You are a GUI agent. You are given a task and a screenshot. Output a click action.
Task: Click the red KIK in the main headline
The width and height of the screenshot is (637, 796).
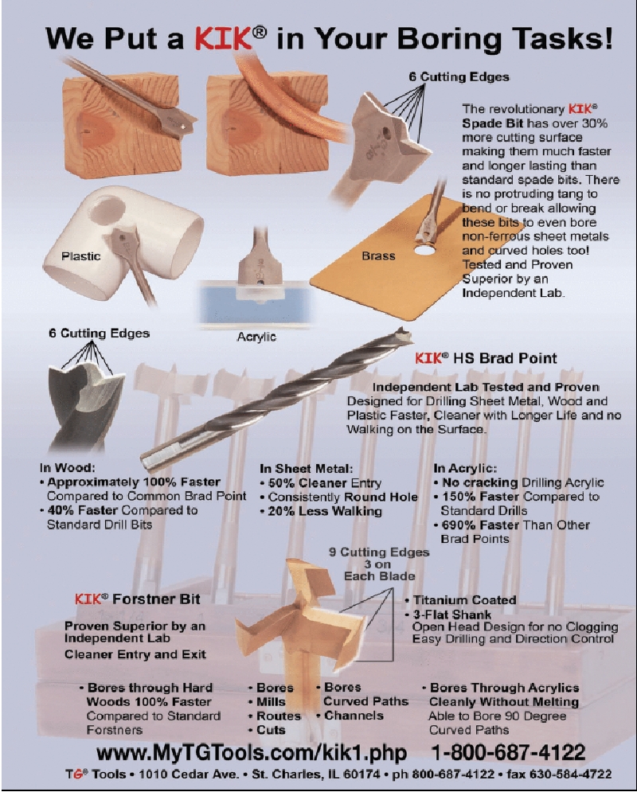click(x=223, y=38)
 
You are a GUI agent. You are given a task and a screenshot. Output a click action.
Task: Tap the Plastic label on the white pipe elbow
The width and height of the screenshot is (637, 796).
click(x=80, y=256)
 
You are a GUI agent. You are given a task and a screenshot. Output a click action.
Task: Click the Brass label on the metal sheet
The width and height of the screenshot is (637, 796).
click(x=378, y=256)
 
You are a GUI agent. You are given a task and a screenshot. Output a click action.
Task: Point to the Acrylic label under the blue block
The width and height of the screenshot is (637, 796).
click(x=256, y=337)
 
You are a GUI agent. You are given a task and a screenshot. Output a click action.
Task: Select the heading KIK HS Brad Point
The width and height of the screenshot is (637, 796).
click(x=486, y=358)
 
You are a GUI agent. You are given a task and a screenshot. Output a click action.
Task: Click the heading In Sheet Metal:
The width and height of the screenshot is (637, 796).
click(x=307, y=469)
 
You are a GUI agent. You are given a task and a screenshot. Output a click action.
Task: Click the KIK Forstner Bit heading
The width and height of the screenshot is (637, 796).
click(x=137, y=599)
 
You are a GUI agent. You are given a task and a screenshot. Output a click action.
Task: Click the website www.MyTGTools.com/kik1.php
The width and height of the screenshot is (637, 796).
click(x=252, y=753)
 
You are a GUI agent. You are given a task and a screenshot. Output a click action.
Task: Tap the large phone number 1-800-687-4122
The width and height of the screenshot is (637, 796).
click(x=508, y=752)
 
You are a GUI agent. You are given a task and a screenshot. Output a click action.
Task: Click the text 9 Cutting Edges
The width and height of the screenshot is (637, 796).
click(x=379, y=552)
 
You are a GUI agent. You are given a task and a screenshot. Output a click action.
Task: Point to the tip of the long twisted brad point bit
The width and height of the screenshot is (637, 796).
click(x=408, y=332)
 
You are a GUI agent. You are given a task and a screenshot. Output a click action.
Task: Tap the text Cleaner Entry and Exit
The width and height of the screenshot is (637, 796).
click(x=135, y=654)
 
